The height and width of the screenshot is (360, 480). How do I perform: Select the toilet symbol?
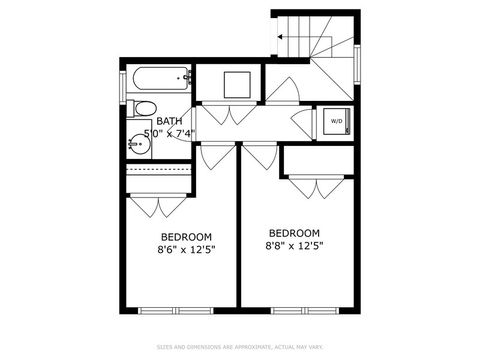tap(143, 109)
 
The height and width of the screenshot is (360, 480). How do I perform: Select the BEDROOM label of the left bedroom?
tap(186, 237)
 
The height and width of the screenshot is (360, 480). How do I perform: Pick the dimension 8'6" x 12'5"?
tap(186, 250)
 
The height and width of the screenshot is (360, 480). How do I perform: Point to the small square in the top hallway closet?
tap(237, 84)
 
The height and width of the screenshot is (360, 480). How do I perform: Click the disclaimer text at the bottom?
tap(240, 347)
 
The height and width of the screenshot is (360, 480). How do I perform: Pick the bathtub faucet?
tap(186, 77)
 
